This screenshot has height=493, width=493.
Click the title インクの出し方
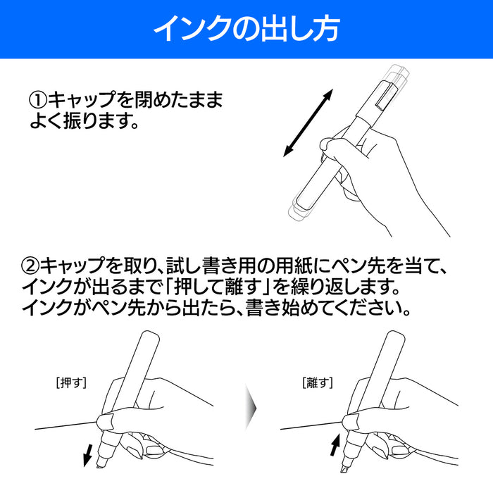pos(246,29)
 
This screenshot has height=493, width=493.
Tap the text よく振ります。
pos(82,123)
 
